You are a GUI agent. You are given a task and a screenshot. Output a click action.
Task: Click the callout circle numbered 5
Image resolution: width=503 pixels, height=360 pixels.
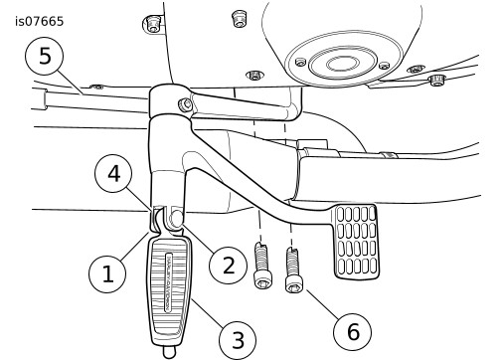pyautogui.click(x=45, y=56)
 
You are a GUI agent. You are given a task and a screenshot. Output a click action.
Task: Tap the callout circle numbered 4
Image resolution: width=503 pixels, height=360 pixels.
pyautogui.click(x=113, y=173)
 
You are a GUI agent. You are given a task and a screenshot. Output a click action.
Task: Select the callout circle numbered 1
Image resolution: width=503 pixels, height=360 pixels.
pyautogui.click(x=107, y=273)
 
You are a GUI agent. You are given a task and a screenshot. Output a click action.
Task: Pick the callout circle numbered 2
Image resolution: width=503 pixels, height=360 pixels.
pyautogui.click(x=228, y=266)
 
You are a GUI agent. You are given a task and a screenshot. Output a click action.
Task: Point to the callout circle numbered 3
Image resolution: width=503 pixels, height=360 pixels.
pyautogui.click(x=238, y=340)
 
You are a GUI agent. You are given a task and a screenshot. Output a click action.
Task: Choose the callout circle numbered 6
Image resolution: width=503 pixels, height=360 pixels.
pyautogui.click(x=352, y=331)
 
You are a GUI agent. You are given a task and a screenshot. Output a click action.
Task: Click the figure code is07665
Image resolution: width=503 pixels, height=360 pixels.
pyautogui.click(x=39, y=22)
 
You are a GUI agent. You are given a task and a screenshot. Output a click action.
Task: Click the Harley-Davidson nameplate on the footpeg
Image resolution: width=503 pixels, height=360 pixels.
pyautogui.click(x=168, y=282)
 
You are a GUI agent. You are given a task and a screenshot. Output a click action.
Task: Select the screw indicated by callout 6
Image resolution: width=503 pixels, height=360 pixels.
pyautogui.click(x=293, y=270)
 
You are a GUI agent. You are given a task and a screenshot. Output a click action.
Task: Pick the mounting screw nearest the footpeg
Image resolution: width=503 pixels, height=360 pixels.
pyautogui.click(x=263, y=266)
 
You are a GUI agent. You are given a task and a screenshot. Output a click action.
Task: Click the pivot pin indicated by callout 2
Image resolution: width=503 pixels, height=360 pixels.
pyautogui.click(x=176, y=219)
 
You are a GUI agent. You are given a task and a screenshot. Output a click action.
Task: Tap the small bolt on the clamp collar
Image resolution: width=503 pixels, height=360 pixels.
pyautogui.click(x=185, y=105)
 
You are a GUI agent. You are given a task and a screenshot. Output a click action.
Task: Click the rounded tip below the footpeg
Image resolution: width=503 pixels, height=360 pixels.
pyautogui.click(x=169, y=352)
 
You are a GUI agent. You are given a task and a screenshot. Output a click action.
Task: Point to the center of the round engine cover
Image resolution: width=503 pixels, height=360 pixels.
pyautogui.click(x=342, y=63)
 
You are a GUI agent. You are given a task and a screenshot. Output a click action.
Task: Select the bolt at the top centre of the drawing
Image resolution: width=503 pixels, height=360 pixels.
pyautogui.click(x=239, y=19)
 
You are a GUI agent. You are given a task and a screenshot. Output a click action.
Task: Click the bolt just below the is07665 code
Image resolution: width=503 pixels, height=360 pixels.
pyautogui.click(x=152, y=25)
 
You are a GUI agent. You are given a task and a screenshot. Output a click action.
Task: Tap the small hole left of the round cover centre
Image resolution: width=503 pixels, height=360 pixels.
pyautogui.click(x=300, y=62)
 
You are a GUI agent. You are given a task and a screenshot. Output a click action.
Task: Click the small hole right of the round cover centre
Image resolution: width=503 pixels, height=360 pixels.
pyautogui.click(x=385, y=66)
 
